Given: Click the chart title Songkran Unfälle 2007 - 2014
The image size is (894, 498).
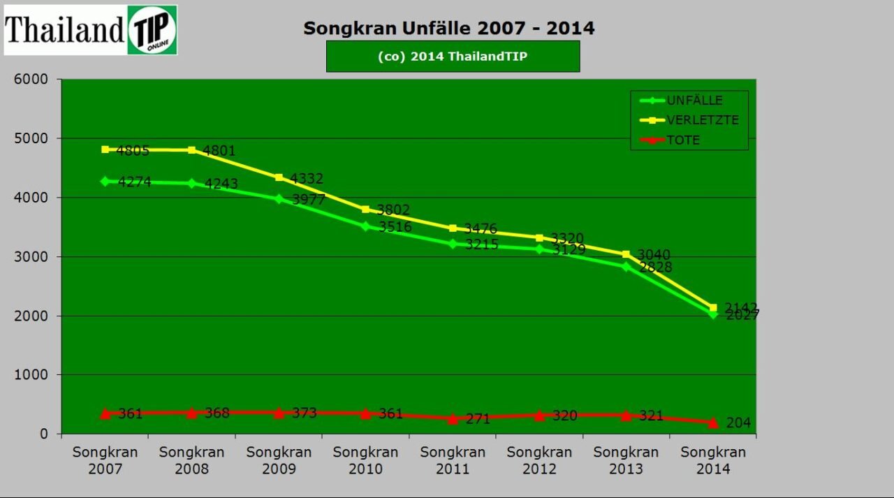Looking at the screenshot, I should point(448,28).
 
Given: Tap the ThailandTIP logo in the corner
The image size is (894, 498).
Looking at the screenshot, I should point(91,30).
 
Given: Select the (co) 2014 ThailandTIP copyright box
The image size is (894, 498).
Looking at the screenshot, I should point(453,57).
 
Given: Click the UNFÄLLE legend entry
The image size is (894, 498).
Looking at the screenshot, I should point(694,101).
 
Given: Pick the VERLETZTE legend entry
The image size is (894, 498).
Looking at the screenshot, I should point(702,120).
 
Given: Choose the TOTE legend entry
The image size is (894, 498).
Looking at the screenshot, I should point(682,140).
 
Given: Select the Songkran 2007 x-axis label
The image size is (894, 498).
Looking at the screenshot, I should point(105,460).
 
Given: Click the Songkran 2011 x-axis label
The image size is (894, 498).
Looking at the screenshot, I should point(453,460).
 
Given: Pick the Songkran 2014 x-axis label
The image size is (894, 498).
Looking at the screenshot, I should point(713,460).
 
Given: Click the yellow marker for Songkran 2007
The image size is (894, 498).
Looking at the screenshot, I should point(105,149).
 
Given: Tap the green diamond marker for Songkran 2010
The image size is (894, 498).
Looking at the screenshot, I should point(365,226).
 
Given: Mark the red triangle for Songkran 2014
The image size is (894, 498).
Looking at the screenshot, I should point(713,423).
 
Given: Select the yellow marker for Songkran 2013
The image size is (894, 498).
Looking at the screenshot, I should point(626,254).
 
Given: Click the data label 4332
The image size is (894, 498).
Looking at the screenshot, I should point(307,179).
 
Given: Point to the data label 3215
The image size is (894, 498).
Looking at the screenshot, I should point(482,245).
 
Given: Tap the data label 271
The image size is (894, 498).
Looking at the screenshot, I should point(478,419).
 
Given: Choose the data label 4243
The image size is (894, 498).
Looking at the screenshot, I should point(221,184).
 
